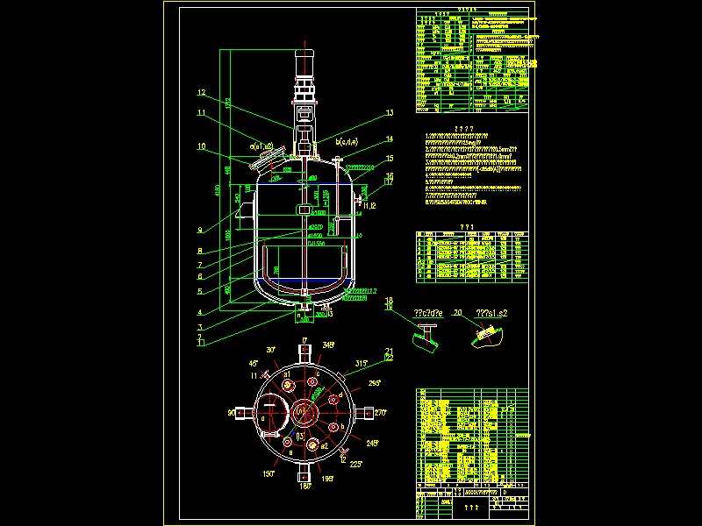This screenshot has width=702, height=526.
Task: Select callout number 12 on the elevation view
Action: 201,93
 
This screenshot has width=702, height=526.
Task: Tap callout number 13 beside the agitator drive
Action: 390,113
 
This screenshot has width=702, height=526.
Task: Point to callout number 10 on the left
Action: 201,146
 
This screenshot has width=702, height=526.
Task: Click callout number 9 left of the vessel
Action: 200,231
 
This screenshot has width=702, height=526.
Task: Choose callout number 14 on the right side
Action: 390,139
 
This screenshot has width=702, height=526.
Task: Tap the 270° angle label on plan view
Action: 379,411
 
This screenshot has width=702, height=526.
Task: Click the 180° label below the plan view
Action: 304,485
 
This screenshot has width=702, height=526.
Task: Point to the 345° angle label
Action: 328,345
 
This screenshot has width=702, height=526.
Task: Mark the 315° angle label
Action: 362,364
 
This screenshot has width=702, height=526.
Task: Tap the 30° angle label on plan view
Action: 272,348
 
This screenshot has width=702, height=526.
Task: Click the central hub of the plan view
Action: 304,411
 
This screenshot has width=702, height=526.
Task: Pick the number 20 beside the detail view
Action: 457,312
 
